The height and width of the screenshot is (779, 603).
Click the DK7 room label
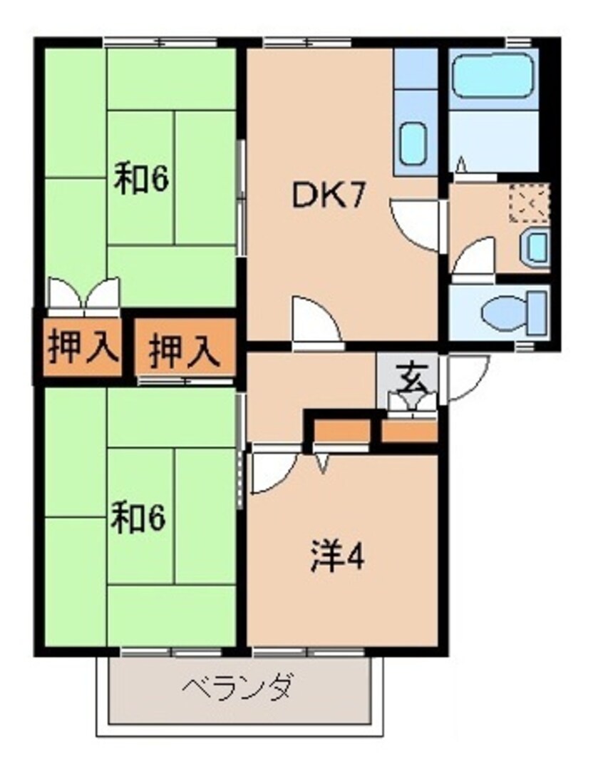(x=329, y=196)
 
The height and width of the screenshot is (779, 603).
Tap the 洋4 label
(x=337, y=558)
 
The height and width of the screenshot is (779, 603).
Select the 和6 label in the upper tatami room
(x=141, y=180)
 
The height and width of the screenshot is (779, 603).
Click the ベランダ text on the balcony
(x=238, y=688)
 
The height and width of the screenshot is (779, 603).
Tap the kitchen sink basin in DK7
(x=413, y=143)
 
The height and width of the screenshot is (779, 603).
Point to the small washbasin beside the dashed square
(x=535, y=247)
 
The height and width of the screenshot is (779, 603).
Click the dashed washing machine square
(x=529, y=201)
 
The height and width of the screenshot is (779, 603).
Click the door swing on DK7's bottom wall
(x=314, y=320)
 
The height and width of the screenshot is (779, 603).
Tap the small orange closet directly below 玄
(x=408, y=431)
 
